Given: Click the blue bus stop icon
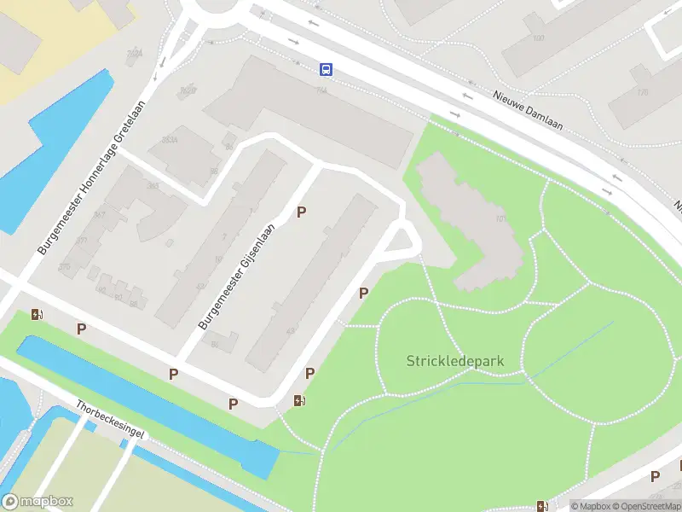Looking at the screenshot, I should pyautogui.click(x=326, y=69).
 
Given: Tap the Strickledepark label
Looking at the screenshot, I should pyautogui.click(x=454, y=361).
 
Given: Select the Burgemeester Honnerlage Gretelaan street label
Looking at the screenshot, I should pyautogui.click(x=92, y=178).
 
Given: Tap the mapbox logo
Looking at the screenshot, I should pyautogui.click(x=38, y=502).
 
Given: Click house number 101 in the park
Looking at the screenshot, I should pyautogui.click(x=501, y=218).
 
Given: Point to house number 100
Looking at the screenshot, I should pyautogui.click(x=538, y=38).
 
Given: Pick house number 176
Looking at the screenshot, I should pyautogui.click(x=642, y=91).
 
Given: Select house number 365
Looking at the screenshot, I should pyautogui.click(x=153, y=185).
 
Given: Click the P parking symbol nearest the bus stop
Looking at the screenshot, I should pyautogui.click(x=301, y=212).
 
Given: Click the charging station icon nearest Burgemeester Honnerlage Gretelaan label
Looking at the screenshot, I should pyautogui.click(x=37, y=314).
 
